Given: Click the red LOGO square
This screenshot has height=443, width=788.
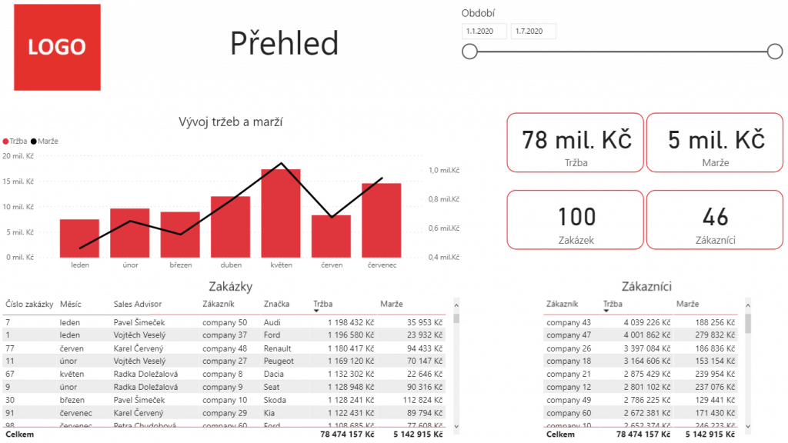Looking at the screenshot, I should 57,47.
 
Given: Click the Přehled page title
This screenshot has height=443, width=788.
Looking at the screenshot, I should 284,43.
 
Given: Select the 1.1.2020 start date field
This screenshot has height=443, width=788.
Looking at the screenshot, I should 484,32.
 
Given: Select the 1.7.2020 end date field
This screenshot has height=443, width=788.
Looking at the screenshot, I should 533,32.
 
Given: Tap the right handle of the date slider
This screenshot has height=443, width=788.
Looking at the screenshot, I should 775,52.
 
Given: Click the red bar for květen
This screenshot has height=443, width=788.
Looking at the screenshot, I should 281,213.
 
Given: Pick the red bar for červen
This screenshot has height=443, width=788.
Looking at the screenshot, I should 331,236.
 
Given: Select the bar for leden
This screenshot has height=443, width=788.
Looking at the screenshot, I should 80,238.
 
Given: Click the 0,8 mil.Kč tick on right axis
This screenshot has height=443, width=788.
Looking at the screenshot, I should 444,199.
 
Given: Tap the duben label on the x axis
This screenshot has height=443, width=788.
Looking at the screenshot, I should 231,265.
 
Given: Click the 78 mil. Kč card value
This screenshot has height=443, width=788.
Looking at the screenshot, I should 576,140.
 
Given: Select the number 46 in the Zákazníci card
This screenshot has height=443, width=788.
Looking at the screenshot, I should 716,217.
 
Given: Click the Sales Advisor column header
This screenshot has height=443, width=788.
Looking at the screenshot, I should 139,305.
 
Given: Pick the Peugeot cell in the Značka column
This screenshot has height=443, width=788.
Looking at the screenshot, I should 279,360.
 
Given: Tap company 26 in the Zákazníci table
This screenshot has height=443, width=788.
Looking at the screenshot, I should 569,348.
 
